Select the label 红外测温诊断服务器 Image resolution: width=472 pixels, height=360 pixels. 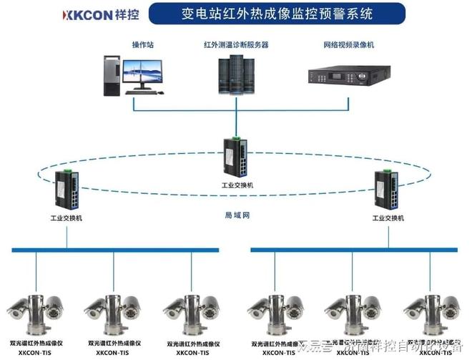(x=235, y=45)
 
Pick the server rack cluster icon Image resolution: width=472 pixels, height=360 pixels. (x=234, y=75)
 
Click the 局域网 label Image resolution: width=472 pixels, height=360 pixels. (x=237, y=215)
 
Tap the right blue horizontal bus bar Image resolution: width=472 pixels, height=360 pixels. (x=353, y=250)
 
